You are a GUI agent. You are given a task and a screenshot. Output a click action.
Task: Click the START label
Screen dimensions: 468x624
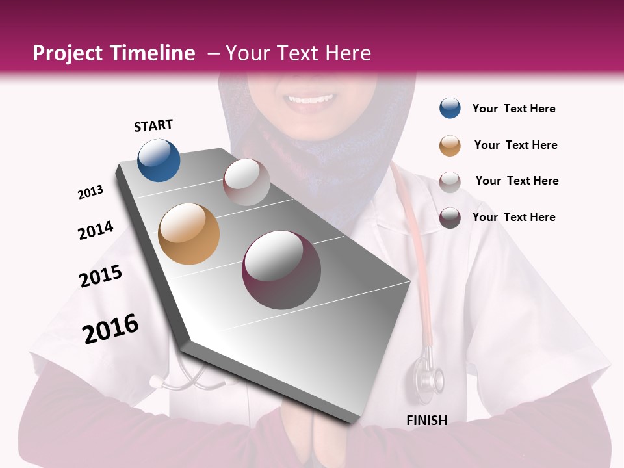pyautogui.click(x=153, y=125)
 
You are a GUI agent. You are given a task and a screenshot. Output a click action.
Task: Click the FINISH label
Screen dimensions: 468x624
pyautogui.click(x=426, y=421)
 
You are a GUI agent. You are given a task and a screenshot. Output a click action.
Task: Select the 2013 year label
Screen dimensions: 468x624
pyautogui.click(x=91, y=192)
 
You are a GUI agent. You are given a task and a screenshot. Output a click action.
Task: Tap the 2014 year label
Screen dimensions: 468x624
pyautogui.click(x=96, y=230)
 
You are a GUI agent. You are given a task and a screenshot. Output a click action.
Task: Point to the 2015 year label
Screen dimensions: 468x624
pyautogui.click(x=101, y=276)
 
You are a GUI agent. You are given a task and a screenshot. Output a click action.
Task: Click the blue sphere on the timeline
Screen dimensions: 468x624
pyautogui.click(x=159, y=160)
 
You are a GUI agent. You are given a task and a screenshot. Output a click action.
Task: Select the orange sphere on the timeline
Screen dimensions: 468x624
pyautogui.click(x=188, y=234)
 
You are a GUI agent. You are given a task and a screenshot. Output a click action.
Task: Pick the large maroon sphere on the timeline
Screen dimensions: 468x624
pyautogui.click(x=281, y=270)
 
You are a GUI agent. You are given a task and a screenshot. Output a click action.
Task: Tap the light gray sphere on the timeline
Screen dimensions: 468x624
pyautogui.click(x=246, y=182)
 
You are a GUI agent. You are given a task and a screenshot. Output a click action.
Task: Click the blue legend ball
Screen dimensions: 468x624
pyautogui.click(x=450, y=109)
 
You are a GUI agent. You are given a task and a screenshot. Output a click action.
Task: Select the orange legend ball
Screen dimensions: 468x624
pyautogui.click(x=450, y=145)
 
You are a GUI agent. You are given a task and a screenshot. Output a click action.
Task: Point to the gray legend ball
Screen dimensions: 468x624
pyautogui.click(x=450, y=181)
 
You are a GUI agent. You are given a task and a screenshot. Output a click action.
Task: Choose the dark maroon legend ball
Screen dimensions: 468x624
pyautogui.click(x=450, y=217)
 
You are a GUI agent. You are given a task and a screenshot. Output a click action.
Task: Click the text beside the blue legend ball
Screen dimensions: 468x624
pyautogui.click(x=513, y=109)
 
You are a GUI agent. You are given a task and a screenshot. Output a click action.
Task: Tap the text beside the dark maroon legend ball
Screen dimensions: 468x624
pyautogui.click(x=513, y=217)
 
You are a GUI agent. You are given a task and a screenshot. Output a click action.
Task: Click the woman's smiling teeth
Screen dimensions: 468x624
pyautogui.click(x=310, y=99)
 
